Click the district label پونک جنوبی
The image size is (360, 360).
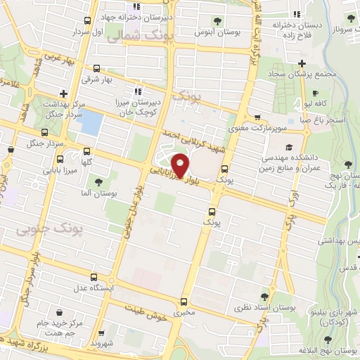pos(49,228)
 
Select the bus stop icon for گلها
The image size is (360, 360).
pos(86,151)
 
